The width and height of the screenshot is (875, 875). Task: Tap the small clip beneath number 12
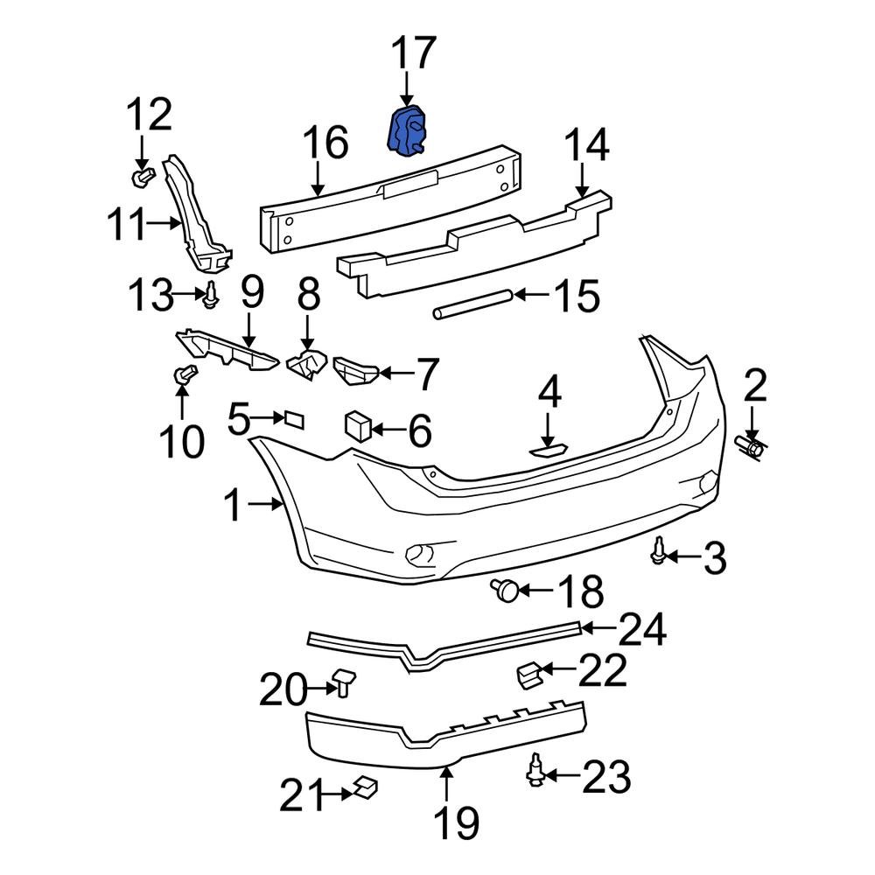[x=143, y=178]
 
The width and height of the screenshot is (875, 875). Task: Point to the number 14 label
[x=585, y=148]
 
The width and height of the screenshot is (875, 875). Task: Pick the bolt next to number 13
[x=211, y=297]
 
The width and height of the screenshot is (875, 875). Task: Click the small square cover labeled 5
[x=292, y=420]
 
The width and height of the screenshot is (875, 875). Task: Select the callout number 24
[x=642, y=630]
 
